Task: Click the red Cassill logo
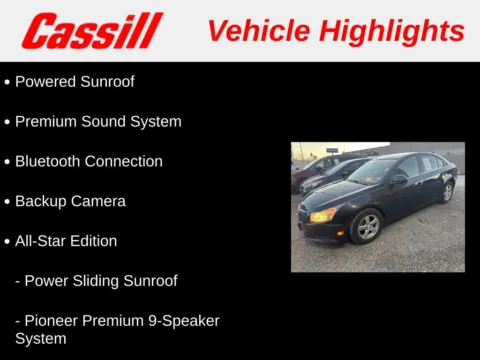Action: [x=92, y=30]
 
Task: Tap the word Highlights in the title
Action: [x=395, y=30]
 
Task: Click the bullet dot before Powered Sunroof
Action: [x=7, y=82]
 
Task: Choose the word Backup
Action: [x=40, y=201]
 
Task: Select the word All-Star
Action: [x=41, y=241]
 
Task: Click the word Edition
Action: [x=94, y=241]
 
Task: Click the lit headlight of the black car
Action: [x=323, y=215]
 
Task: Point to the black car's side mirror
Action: [x=399, y=179]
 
